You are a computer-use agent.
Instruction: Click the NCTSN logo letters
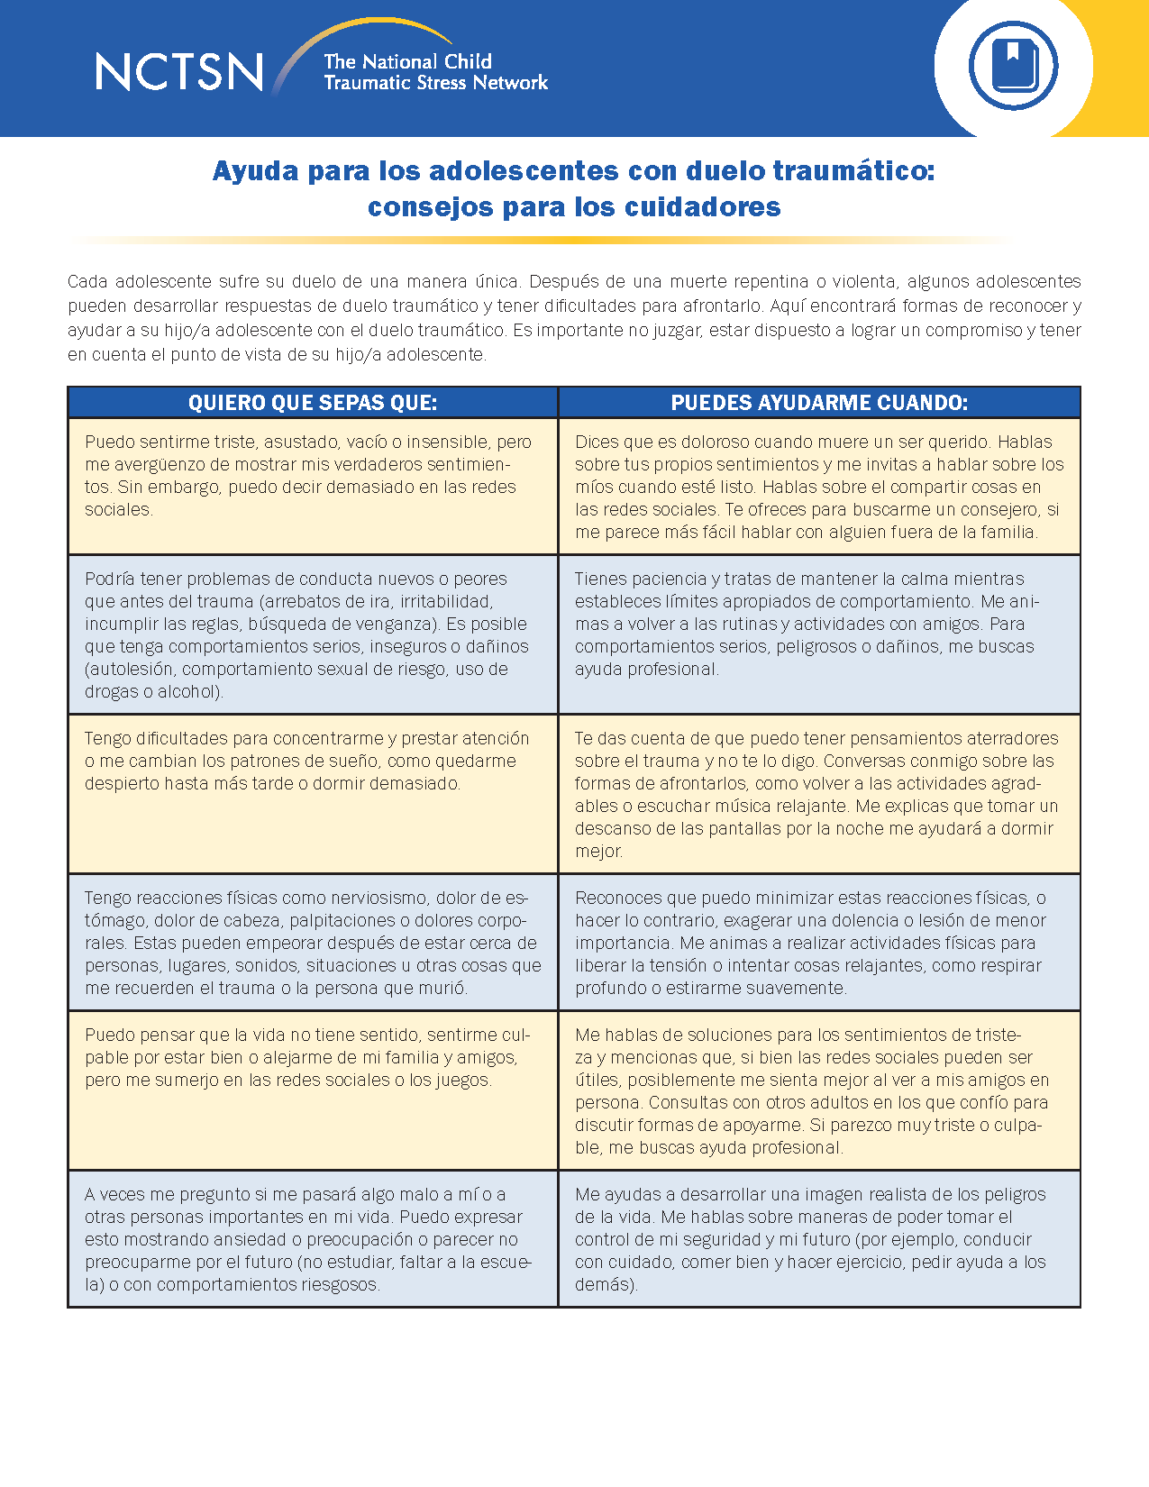179,72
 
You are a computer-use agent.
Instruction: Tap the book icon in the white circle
1014,66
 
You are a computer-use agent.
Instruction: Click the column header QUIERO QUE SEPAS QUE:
313,403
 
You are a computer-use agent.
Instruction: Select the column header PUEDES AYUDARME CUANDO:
819,403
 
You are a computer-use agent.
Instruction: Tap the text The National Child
407,61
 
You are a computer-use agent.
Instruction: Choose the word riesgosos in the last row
338,1284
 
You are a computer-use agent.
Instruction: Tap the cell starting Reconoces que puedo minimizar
818,942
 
